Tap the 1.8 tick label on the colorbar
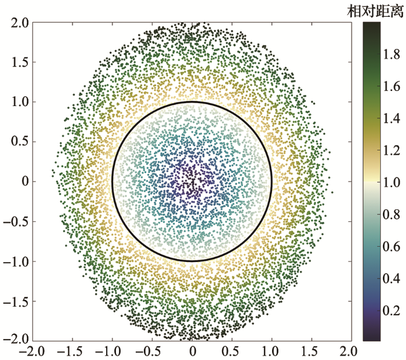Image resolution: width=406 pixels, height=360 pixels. pos(392,55)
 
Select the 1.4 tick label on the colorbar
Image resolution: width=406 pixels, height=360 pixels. pos(392,119)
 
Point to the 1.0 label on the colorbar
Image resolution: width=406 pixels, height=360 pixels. pos(392,183)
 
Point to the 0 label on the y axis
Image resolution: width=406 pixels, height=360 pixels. pos(25,182)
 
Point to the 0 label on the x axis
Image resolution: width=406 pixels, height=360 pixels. pos(193,351)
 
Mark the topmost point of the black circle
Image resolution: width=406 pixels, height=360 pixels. pos(192,102)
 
